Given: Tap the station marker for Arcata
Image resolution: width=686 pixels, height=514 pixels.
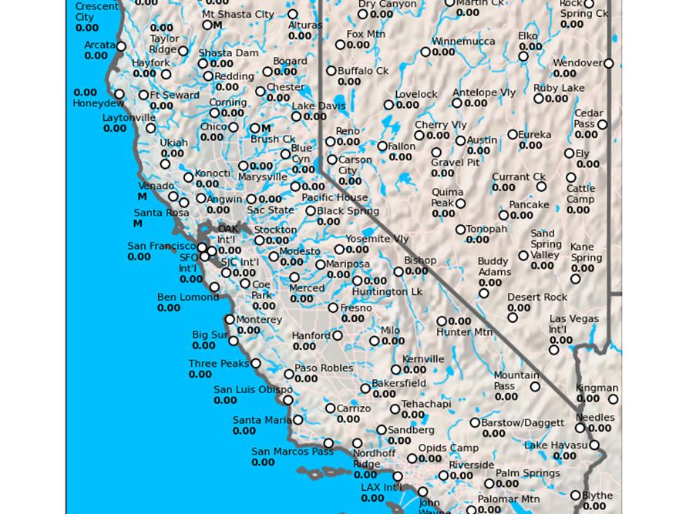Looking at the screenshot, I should tap(121, 46).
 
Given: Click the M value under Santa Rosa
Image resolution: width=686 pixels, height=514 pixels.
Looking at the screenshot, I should tap(137, 224).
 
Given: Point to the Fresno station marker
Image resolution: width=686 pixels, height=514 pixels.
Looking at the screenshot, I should tap(333, 307).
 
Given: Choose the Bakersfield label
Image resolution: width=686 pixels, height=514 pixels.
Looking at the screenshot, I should tap(398, 383).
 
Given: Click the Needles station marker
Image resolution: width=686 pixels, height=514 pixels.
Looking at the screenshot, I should tap(580, 428).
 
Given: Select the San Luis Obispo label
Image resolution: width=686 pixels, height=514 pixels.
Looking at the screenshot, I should tap(253, 390).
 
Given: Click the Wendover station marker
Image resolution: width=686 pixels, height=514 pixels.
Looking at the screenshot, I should tap(608, 63).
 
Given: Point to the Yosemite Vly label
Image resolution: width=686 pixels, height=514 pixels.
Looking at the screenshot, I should tap(377, 239).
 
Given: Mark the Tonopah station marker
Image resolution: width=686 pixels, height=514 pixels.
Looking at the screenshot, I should tap(460, 230).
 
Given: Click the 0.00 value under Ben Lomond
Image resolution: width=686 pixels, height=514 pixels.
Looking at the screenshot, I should tap(169, 308).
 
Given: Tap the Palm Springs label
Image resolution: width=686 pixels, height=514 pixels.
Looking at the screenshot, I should tap(527, 473).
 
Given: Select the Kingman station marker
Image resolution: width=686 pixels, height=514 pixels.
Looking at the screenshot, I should tap(614, 399).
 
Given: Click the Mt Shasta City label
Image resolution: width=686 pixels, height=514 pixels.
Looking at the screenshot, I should tap(237, 15).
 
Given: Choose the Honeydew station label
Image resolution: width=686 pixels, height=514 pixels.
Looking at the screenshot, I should tap(98, 103).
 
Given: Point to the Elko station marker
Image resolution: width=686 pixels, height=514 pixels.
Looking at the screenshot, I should tap(523, 56).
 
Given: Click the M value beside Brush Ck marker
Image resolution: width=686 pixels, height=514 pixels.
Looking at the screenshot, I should tap(266, 129).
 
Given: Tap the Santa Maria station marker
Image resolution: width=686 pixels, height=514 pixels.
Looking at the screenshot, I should tap(298, 420).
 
